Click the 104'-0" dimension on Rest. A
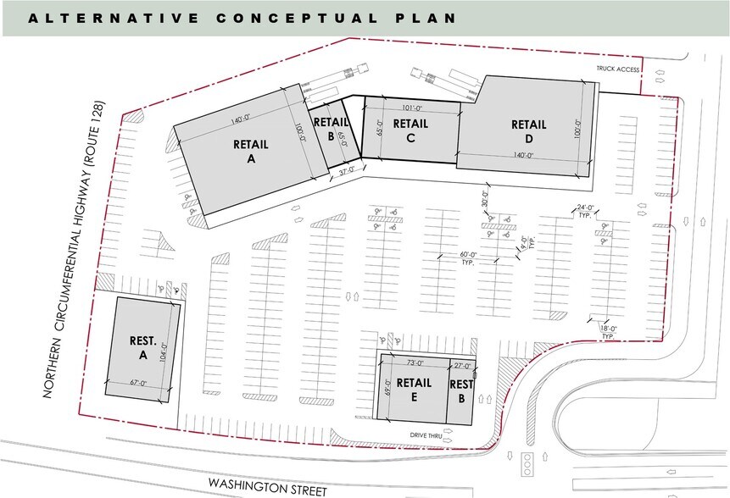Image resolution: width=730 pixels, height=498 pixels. [180, 346]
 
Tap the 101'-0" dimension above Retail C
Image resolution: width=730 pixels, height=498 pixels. [410, 108]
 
